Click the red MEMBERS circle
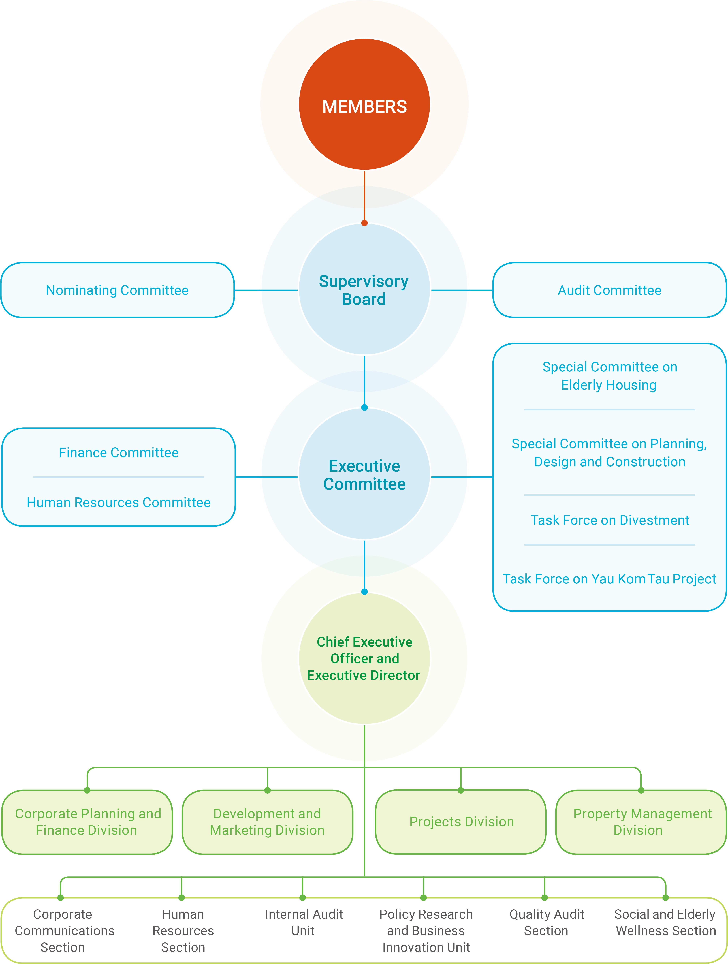(x=364, y=105)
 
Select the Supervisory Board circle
(x=364, y=290)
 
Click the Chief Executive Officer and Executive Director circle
(x=364, y=659)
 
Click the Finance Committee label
(x=119, y=453)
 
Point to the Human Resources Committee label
(x=119, y=503)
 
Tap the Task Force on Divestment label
(x=609, y=520)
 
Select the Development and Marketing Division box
(x=267, y=822)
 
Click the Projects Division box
(x=461, y=822)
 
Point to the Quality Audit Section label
(x=546, y=922)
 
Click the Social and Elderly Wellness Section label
(x=665, y=922)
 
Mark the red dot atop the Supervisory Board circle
(x=364, y=223)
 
